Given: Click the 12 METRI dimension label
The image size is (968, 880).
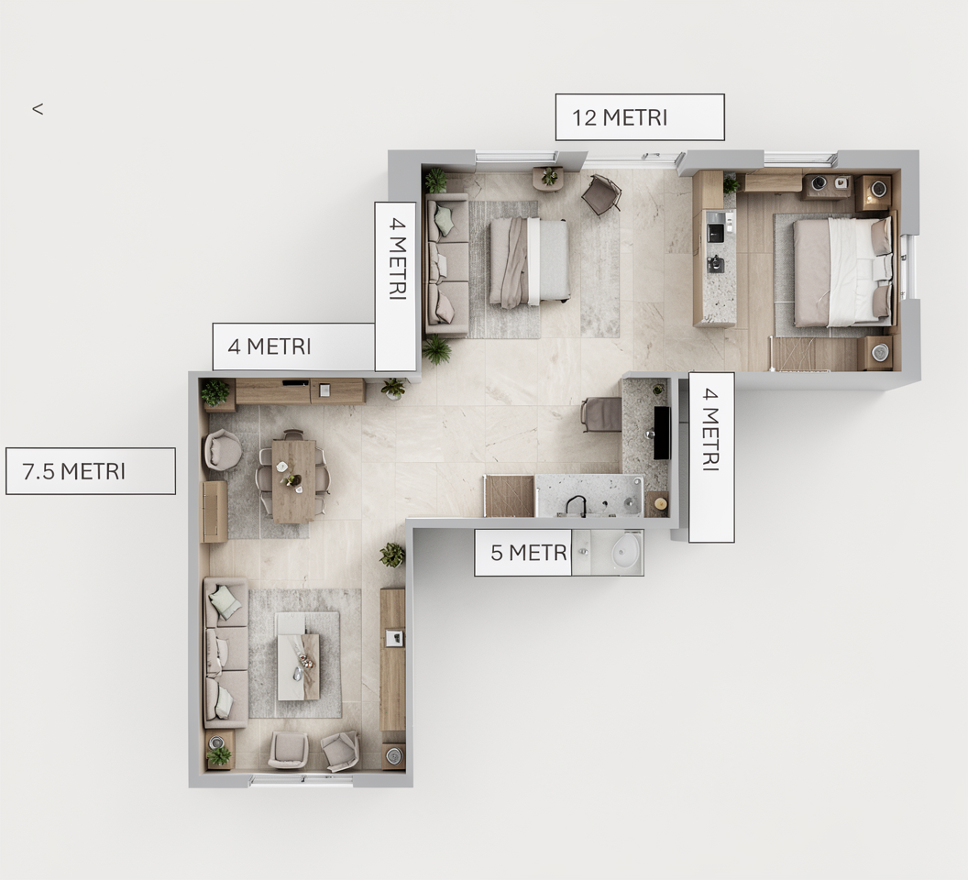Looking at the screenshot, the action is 640,117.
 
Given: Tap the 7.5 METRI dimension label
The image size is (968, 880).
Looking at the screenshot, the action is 91,471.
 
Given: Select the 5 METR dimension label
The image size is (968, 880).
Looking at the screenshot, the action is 522,553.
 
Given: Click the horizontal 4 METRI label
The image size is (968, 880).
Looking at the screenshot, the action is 294,346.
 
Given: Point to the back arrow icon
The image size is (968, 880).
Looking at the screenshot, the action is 38,109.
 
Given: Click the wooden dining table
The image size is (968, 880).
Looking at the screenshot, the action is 294,481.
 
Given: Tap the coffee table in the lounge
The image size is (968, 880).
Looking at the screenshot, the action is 298,656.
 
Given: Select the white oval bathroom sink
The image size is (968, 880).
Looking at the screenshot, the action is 627,550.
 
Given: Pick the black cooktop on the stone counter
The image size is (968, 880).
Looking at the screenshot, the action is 662,433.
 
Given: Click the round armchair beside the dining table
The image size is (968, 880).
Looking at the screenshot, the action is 222,450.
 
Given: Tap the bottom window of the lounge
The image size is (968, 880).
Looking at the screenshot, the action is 302,781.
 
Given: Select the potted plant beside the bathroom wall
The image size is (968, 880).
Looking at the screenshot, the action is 392,555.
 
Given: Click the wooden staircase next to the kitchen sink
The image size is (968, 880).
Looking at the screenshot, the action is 510,496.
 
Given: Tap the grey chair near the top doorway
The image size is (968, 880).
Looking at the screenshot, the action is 601,194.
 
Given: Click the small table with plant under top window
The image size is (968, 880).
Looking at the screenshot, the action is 548,178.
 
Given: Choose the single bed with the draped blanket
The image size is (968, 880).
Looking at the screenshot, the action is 529,262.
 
